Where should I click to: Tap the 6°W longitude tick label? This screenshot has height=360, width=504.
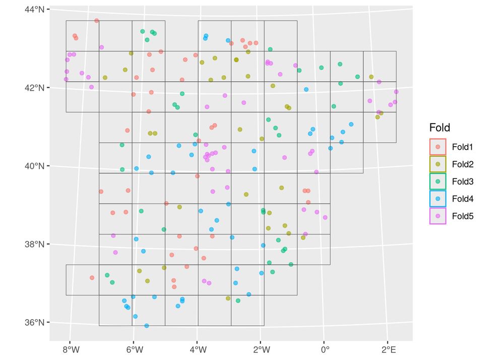pyautogui.click(x=133, y=349)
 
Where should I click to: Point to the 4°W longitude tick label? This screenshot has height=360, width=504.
pyautogui.click(x=197, y=349)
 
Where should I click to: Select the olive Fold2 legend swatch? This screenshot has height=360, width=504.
pyautogui.click(x=437, y=164)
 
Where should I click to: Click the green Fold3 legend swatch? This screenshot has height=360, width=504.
pyautogui.click(x=437, y=182)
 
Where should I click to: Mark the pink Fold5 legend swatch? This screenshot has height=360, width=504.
pyautogui.click(x=437, y=216)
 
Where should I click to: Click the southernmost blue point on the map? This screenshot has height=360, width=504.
pyautogui.click(x=147, y=326)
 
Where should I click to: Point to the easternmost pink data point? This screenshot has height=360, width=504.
pyautogui.click(x=396, y=92)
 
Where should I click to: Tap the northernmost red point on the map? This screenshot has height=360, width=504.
pyautogui.click(x=97, y=21)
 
